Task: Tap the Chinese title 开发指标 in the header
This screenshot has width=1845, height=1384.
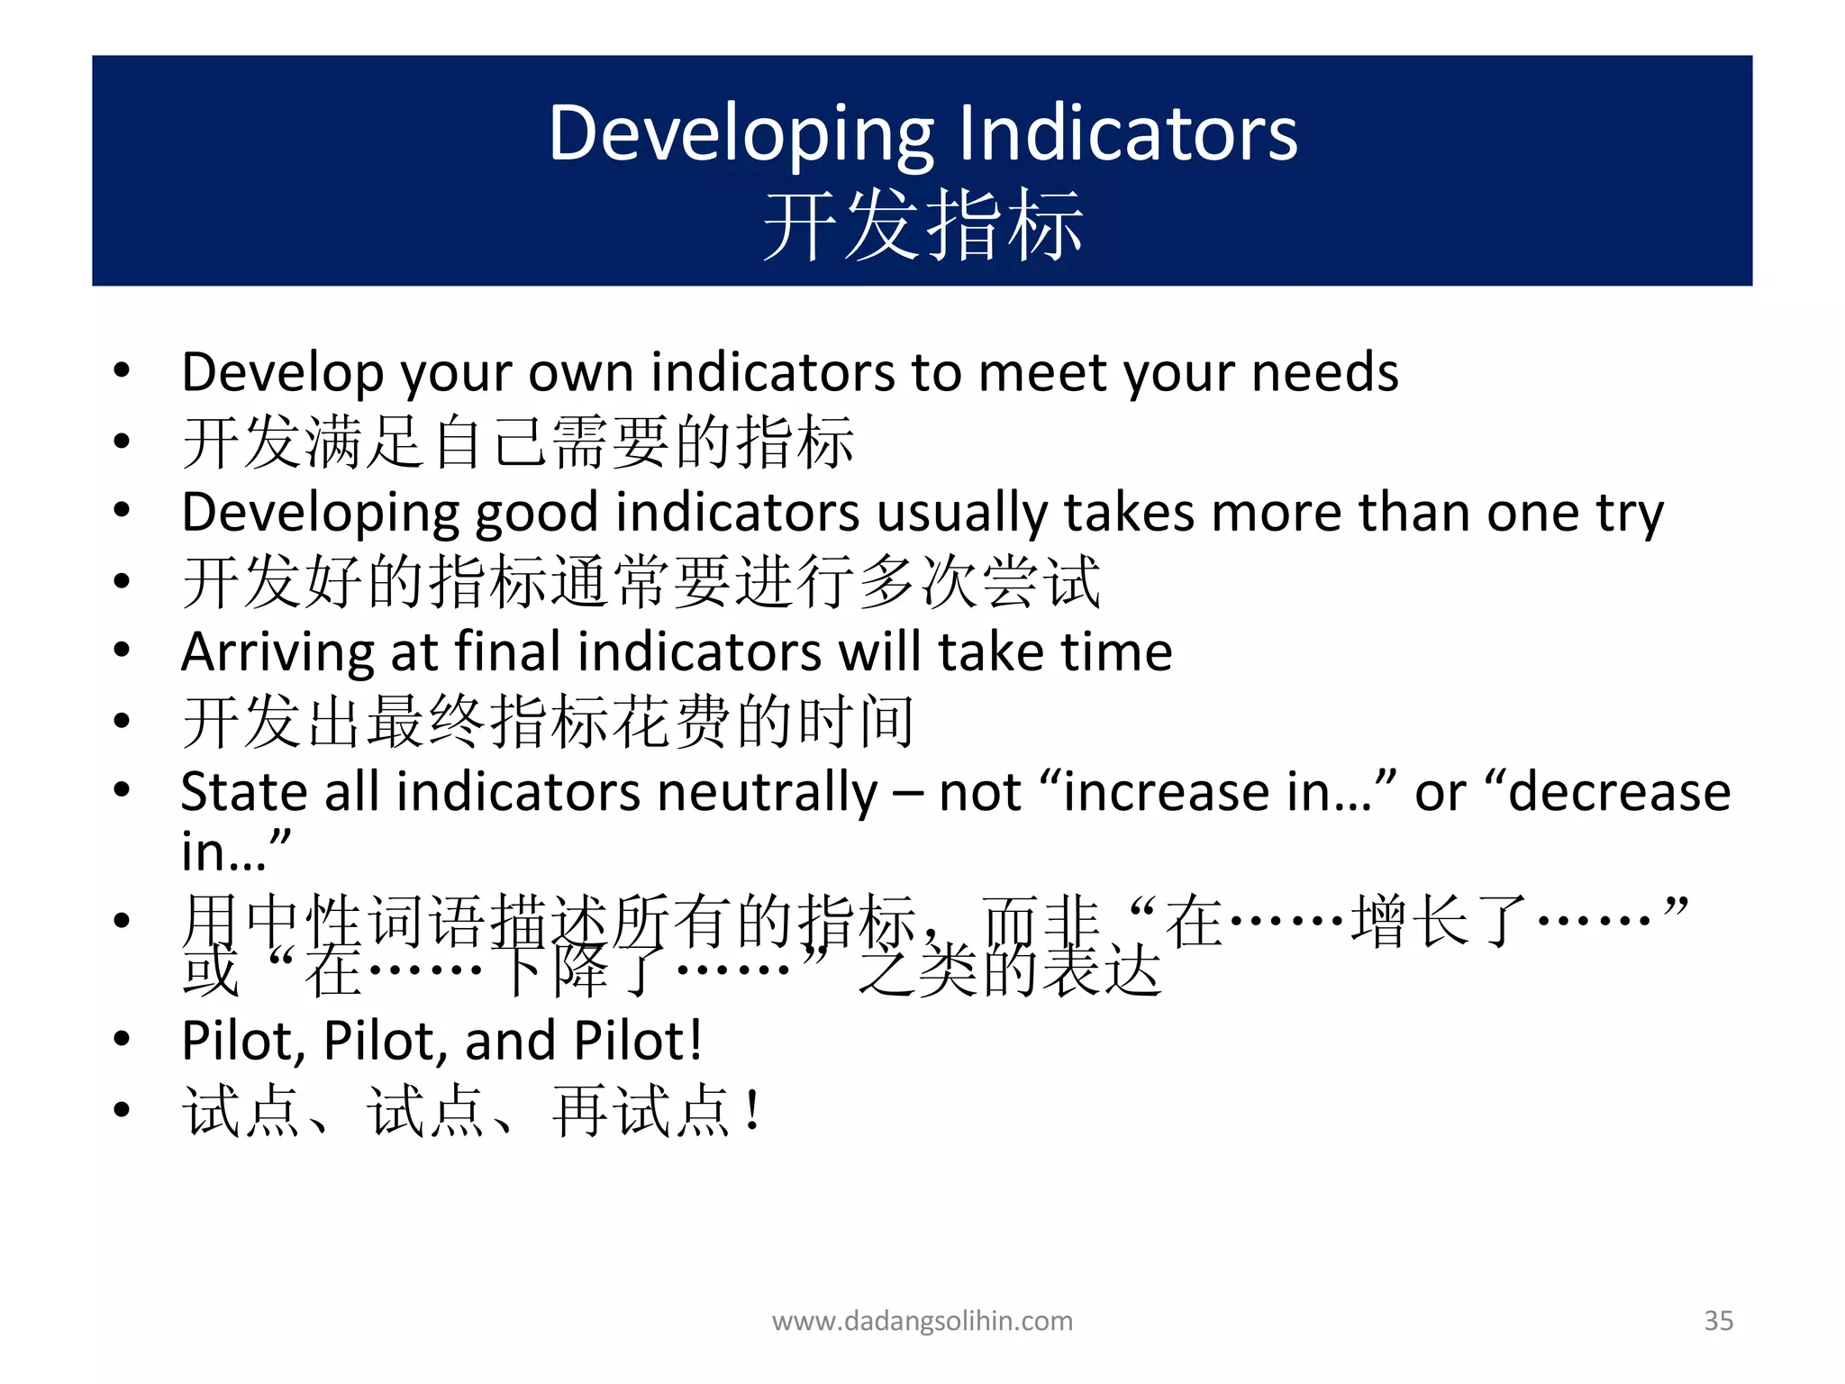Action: (922, 225)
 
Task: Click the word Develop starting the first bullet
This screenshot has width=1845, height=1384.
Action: (282, 372)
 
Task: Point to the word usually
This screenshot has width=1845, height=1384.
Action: (961, 513)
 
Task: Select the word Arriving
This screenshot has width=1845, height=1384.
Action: (277, 653)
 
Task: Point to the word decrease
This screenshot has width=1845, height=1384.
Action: (1618, 792)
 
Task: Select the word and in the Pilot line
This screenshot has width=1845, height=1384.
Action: (510, 1041)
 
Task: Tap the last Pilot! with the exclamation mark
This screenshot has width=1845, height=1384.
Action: (638, 1041)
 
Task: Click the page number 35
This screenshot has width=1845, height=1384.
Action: (1718, 1320)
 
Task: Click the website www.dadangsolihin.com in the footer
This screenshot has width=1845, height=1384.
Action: (922, 1321)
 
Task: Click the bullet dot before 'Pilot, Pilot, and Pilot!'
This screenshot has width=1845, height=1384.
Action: (122, 1039)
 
